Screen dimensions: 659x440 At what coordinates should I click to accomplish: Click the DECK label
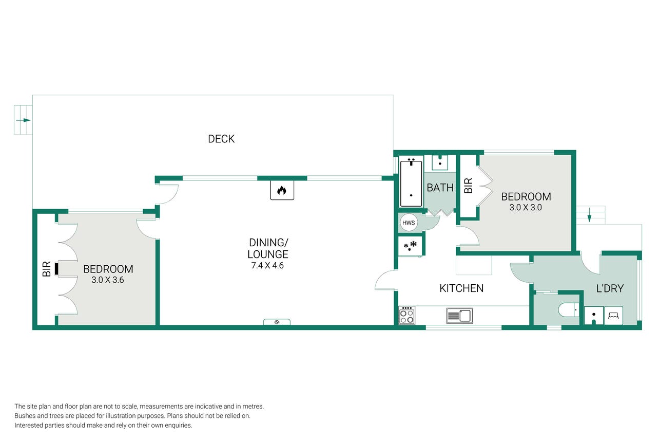[221, 139]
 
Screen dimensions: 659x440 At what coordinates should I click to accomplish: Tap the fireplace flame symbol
[282, 190]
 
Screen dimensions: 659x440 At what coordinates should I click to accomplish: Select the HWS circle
[409, 223]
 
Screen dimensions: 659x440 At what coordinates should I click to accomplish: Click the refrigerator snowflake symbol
[410, 246]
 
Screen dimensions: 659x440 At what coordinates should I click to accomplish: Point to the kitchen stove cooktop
[407, 315]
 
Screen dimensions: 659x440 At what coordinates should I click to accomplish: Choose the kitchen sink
[459, 316]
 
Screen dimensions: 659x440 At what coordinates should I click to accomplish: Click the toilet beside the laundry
[569, 310]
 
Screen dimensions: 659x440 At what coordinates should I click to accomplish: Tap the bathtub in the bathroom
[411, 184]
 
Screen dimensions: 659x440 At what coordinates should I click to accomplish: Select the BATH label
[440, 188]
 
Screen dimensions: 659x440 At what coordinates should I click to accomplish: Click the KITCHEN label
[461, 288]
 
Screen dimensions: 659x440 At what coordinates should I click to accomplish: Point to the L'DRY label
[610, 288]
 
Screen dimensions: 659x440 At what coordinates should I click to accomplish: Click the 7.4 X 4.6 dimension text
[267, 266]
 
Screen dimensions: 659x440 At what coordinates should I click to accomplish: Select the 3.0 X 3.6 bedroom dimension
[108, 280]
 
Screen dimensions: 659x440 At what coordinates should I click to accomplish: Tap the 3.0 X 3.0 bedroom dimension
[526, 207]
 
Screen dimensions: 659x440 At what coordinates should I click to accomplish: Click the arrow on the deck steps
[23, 120]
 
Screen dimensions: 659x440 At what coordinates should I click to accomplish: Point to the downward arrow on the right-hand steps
[589, 215]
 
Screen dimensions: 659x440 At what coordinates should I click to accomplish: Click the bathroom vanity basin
[440, 163]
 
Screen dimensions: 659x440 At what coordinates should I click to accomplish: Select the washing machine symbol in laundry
[613, 316]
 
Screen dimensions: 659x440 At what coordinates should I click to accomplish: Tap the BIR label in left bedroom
[47, 269]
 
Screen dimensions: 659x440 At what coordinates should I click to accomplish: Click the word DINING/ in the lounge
[268, 243]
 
